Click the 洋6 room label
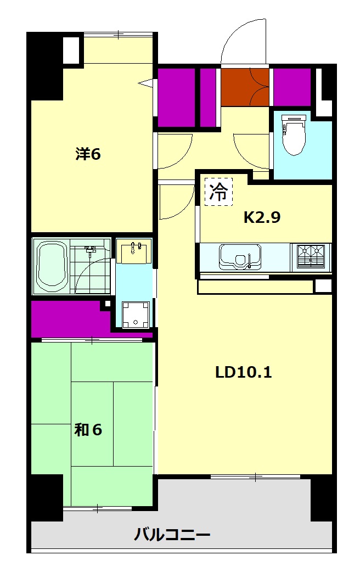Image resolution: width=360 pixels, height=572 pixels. (88, 154)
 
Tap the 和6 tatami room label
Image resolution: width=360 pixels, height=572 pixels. (88, 429)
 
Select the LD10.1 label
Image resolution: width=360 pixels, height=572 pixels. (243, 373)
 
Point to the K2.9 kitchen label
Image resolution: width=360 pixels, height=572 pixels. (262, 217)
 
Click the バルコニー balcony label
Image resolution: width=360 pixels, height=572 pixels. (172, 534)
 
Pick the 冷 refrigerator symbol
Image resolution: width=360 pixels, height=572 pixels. (218, 192)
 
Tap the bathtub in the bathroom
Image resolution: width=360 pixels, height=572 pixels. (52, 266)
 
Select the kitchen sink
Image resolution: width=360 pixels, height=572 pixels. (239, 256)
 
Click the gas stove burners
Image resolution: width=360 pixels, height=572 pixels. (311, 256)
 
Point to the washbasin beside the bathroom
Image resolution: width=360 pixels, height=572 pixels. (134, 251)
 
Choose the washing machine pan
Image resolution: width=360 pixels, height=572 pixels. (135, 315)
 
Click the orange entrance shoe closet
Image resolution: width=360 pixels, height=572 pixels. (245, 86)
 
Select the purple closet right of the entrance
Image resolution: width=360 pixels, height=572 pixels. (292, 86)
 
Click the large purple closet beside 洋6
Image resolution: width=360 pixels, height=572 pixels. (177, 97)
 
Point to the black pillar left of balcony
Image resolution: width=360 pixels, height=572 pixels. (46, 497)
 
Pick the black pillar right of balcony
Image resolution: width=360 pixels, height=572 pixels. (323, 499)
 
